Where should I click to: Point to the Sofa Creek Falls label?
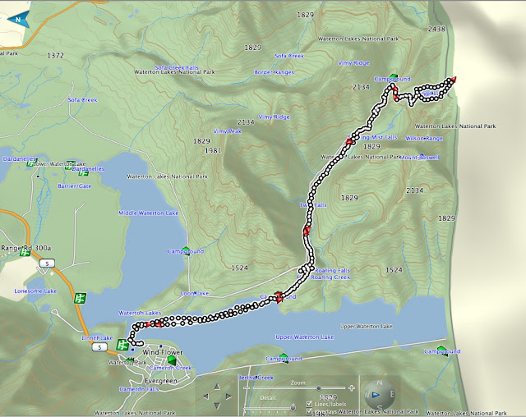click(x=178, y=68)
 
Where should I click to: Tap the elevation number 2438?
click(x=436, y=29)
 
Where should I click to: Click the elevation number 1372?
click(x=56, y=56)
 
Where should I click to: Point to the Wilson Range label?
click(x=423, y=138)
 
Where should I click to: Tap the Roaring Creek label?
click(x=331, y=277)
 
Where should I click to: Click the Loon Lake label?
click(x=196, y=293)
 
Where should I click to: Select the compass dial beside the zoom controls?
click(x=379, y=394)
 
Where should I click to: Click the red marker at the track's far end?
click(x=451, y=79)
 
